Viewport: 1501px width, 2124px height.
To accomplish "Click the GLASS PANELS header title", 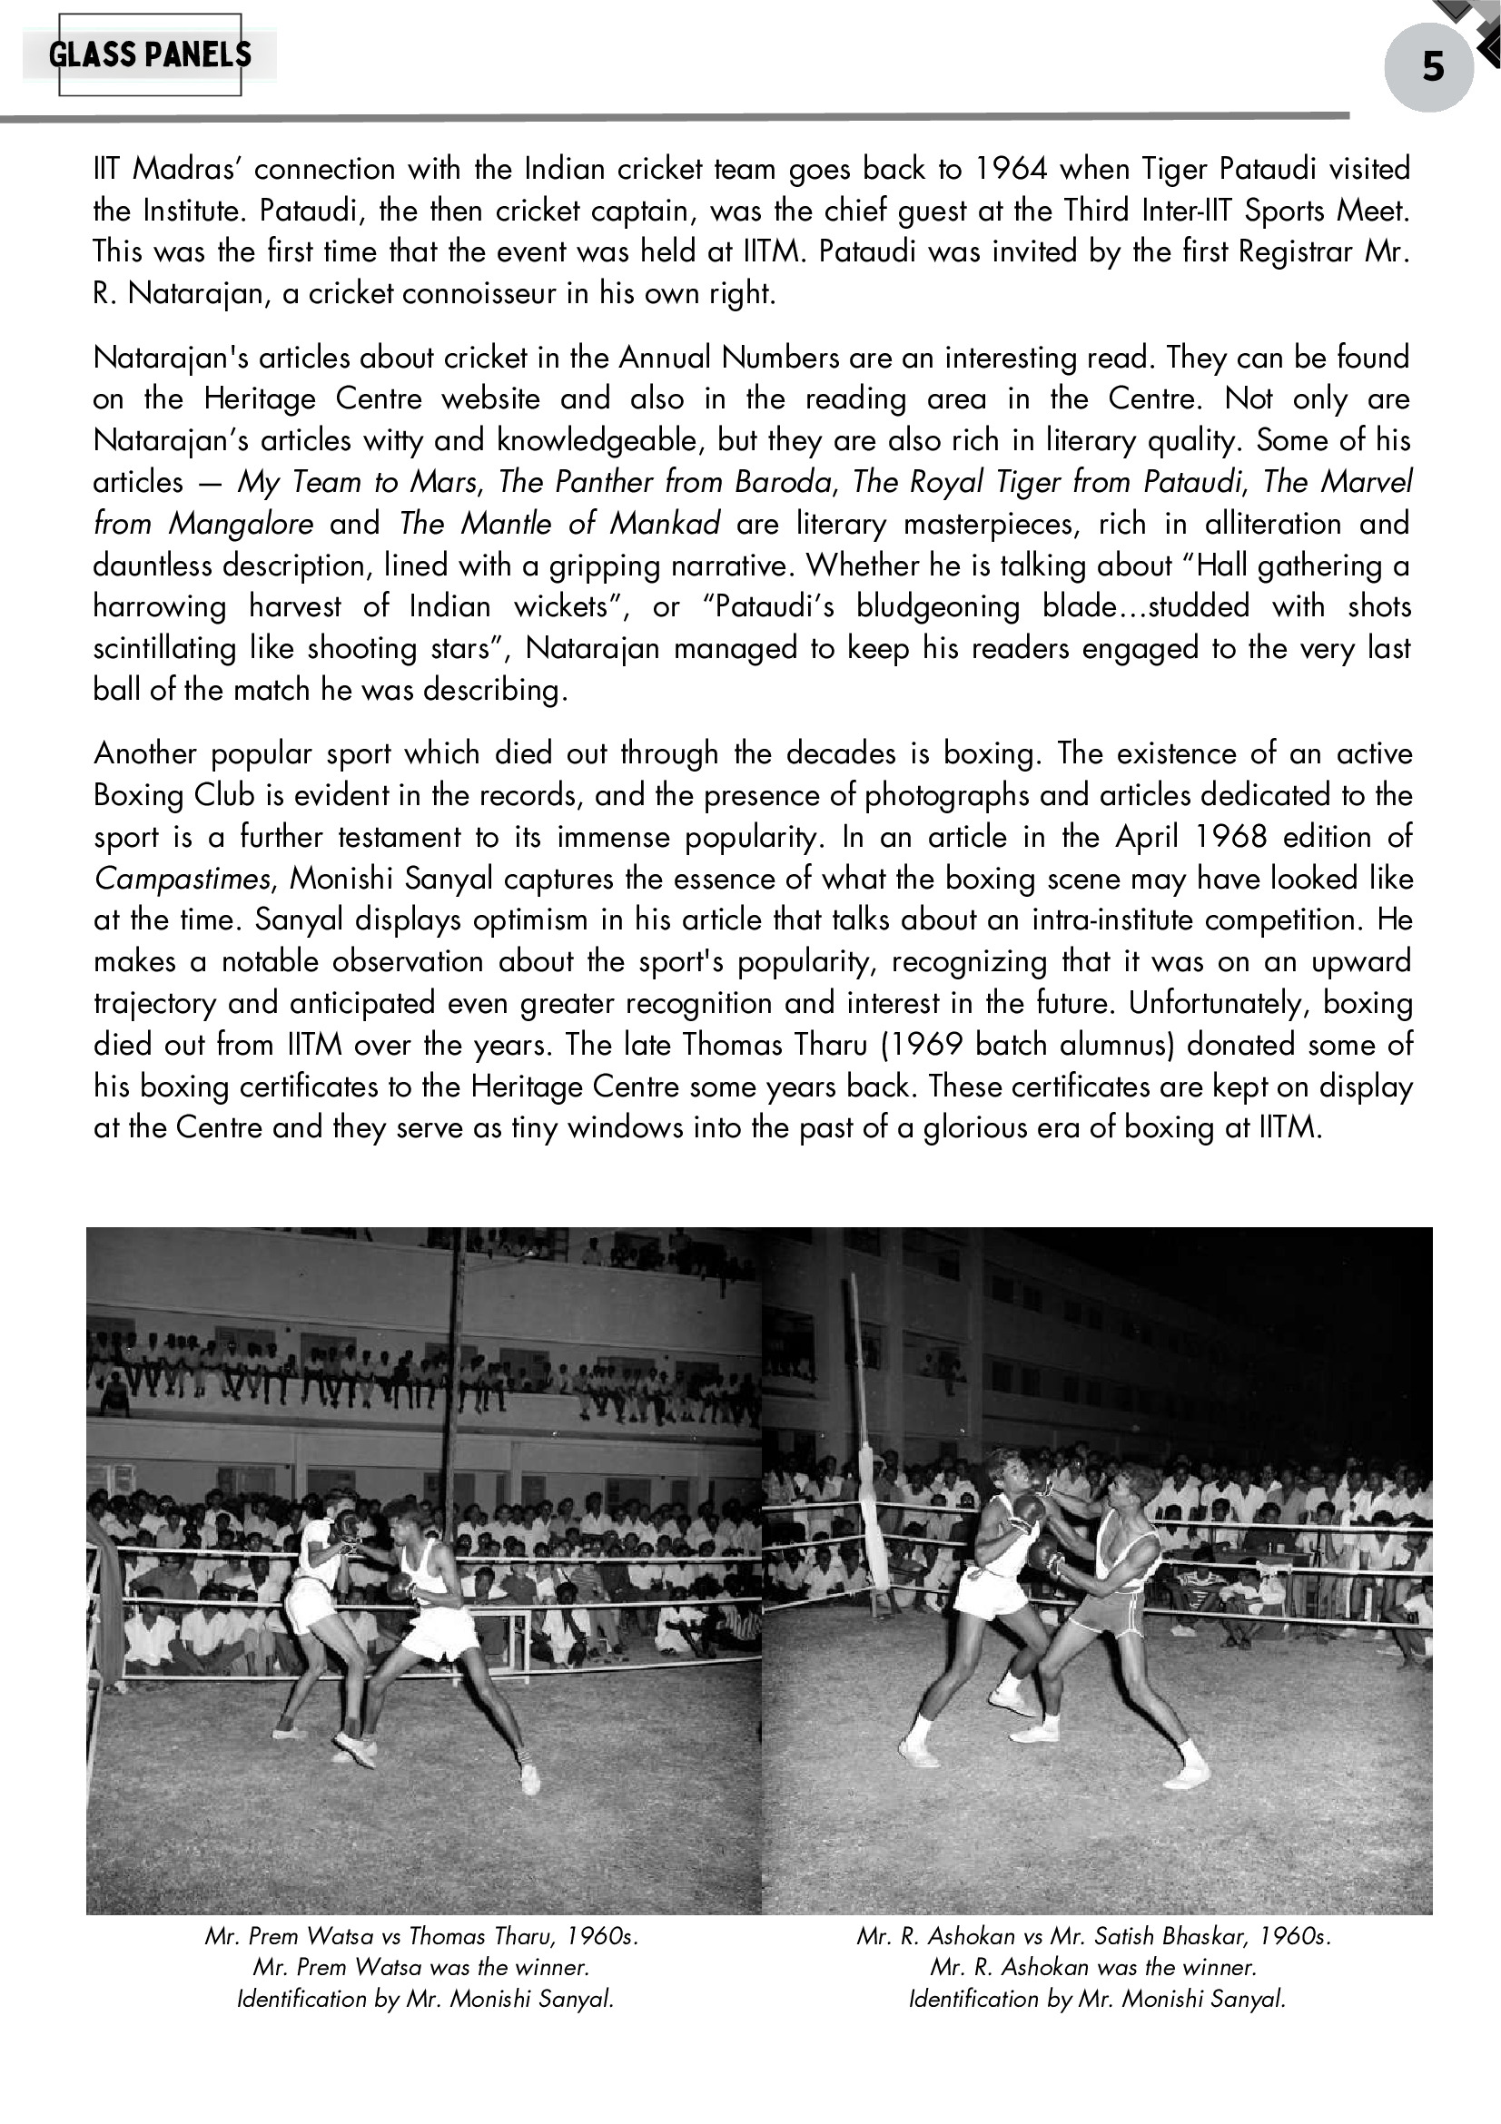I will click(x=150, y=55).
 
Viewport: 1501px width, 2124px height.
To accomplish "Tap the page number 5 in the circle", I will click(x=1433, y=67).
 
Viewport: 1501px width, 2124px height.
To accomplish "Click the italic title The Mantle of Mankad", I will click(x=560, y=524).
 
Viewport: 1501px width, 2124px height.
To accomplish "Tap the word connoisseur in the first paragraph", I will click(x=483, y=294).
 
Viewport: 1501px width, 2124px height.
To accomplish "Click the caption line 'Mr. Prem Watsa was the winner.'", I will click(x=421, y=1966).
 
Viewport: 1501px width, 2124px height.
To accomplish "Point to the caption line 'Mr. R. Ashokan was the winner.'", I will click(x=1093, y=1966).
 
